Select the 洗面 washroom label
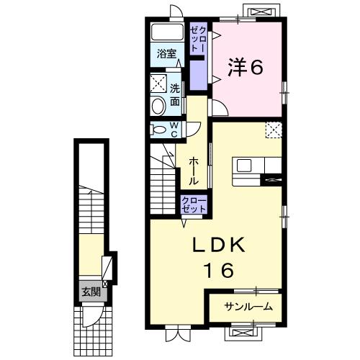point(176,94)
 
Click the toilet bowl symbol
point(158,106)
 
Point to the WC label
point(174,129)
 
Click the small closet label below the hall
point(194,204)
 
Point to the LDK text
point(220,247)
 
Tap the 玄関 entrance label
point(91,292)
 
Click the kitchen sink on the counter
point(244,166)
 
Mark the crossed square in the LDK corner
point(273,130)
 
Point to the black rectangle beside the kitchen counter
point(273,179)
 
